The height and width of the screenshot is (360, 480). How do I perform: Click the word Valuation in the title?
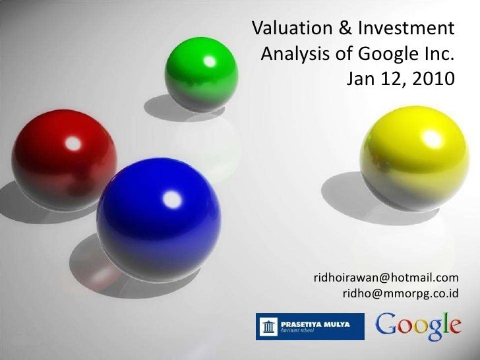pos(294,29)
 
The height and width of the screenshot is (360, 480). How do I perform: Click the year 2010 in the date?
pos(433,79)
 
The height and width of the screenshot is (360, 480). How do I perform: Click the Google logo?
pos(419,326)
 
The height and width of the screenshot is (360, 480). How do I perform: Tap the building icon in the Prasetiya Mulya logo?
pos(269,326)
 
